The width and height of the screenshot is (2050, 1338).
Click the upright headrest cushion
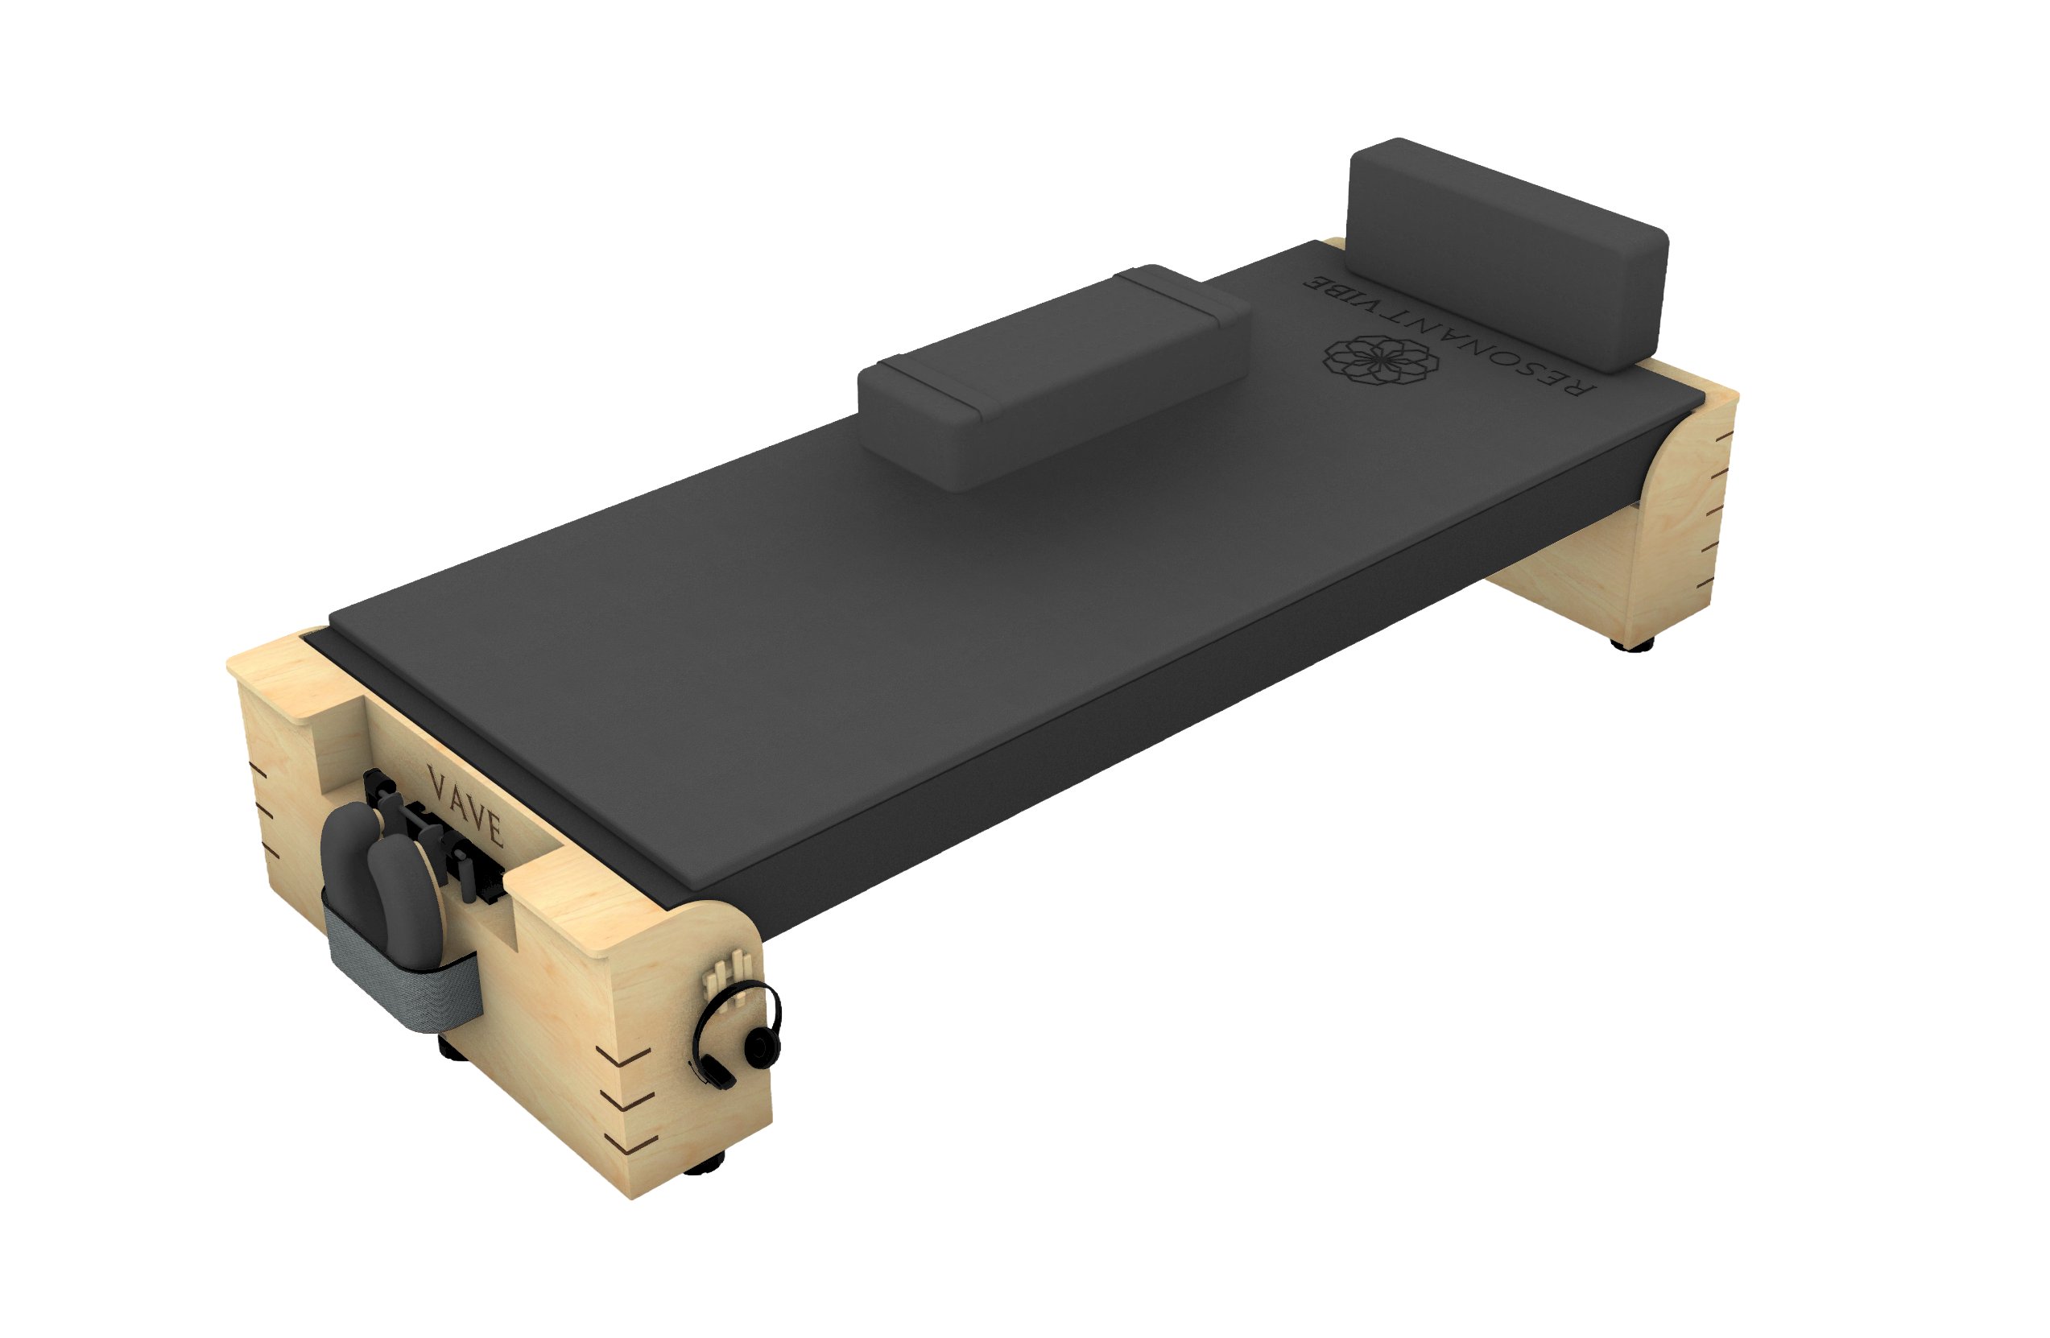pyautogui.click(x=1507, y=250)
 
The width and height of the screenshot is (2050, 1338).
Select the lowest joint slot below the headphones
pyautogui.click(x=635, y=1142)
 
